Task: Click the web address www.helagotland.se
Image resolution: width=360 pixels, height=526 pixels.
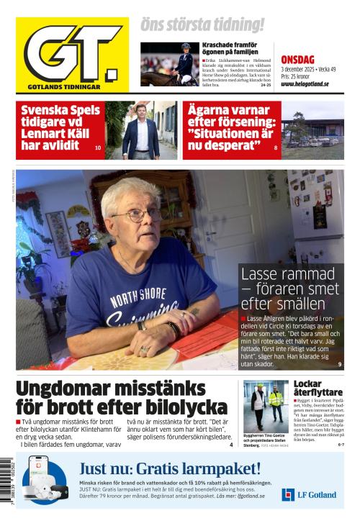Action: (305, 83)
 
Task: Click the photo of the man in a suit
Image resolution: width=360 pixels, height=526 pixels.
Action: (141, 130)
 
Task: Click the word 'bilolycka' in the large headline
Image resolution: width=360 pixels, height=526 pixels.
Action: (179, 407)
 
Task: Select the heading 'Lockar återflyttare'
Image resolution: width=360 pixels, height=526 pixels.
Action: (318, 389)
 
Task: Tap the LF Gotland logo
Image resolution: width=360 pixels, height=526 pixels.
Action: (309, 494)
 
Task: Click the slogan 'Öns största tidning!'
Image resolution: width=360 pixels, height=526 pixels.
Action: (202, 24)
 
